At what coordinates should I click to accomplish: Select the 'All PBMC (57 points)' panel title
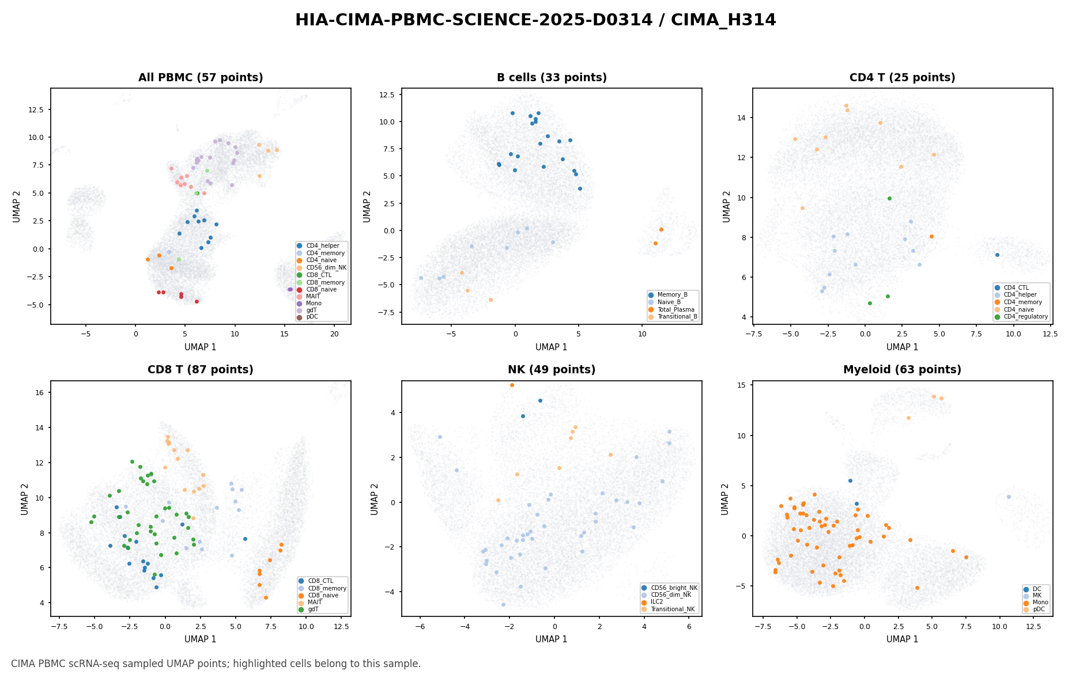(201, 78)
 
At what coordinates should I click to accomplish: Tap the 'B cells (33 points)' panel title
(552, 78)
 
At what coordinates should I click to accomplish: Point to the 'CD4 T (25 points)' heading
(903, 78)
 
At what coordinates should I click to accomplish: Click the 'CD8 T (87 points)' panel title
(201, 370)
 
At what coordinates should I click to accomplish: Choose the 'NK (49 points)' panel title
(552, 370)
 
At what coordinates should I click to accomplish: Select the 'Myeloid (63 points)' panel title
(903, 370)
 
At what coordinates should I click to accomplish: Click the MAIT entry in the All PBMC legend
(313, 296)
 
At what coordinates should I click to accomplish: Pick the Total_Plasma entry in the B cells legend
(673, 309)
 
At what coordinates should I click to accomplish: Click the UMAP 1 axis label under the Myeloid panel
(903, 639)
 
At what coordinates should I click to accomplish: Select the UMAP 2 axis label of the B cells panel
(367, 206)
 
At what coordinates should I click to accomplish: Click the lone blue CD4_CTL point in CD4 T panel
(997, 255)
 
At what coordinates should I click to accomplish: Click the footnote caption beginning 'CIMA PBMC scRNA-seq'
(216, 664)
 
